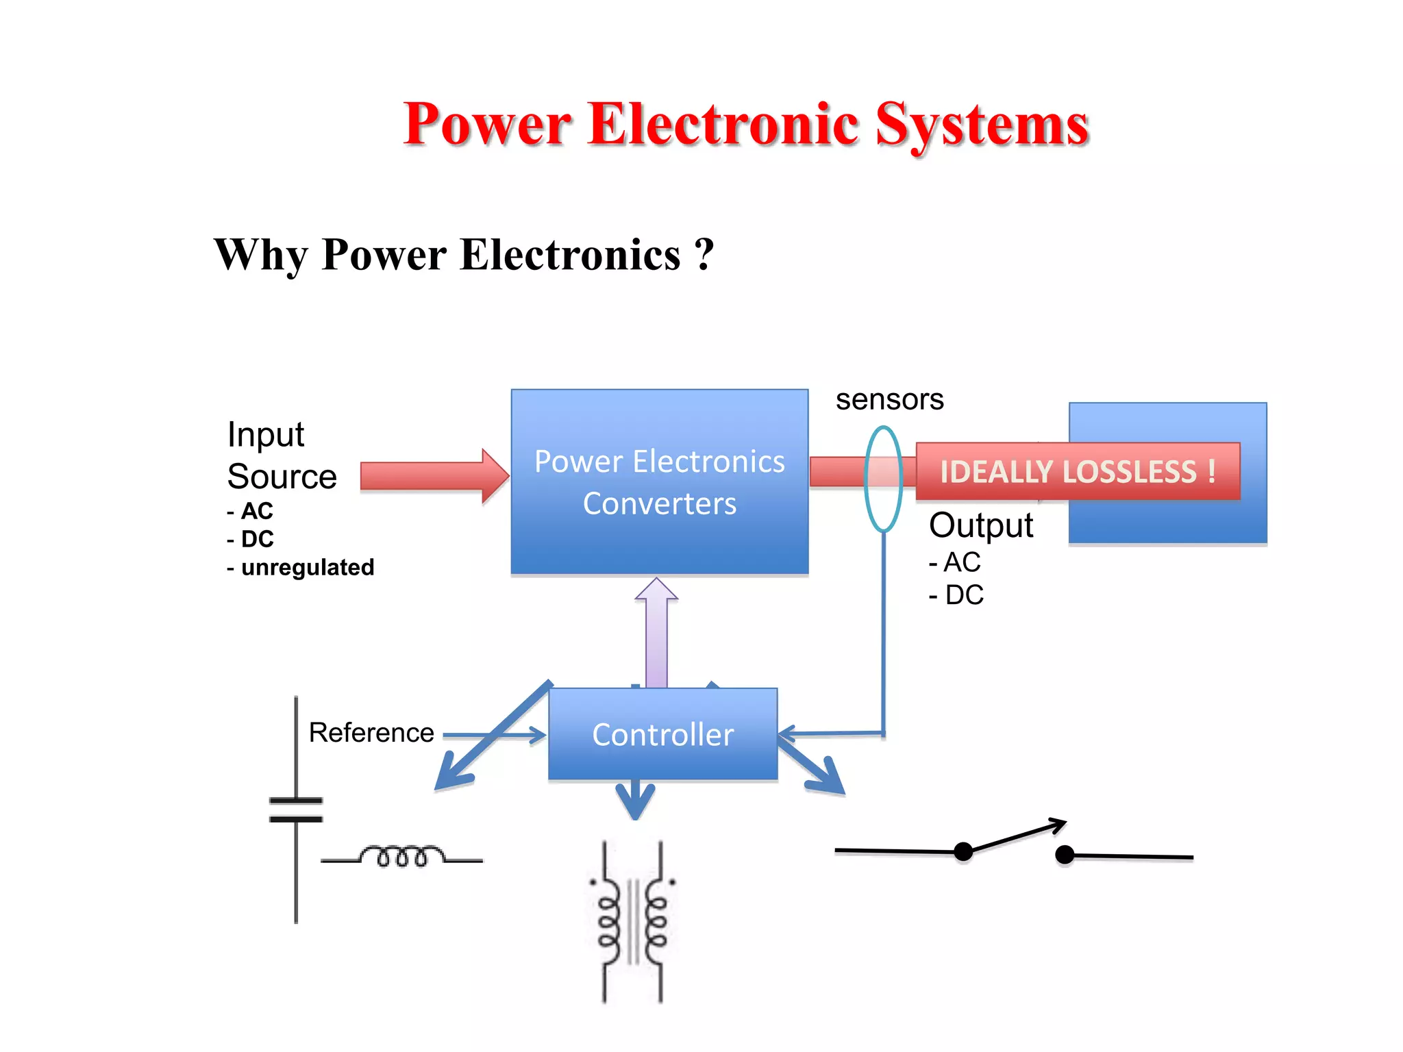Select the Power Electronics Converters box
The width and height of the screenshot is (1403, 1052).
pos(659,481)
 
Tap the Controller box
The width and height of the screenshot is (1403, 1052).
pos(662,734)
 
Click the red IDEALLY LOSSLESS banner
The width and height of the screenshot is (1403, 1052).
pos(1077,471)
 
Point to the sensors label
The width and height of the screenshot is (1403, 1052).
pos(889,399)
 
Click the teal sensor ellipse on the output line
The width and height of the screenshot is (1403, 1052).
pos(883,479)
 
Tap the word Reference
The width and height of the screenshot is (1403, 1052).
pos(371,733)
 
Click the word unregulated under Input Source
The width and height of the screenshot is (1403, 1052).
pos(308,567)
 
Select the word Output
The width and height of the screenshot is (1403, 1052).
pos(980,525)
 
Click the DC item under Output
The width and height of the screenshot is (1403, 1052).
pos(964,595)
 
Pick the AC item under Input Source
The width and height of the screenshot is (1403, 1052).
pos(257,511)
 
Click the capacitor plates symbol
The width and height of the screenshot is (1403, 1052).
pos(296,810)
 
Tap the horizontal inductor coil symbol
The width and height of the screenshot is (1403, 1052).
pos(402,856)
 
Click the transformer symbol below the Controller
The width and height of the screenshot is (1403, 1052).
pos(632,921)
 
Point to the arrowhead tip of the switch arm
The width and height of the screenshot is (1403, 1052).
pos(1064,821)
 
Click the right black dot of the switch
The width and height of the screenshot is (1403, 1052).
pos(1064,854)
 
